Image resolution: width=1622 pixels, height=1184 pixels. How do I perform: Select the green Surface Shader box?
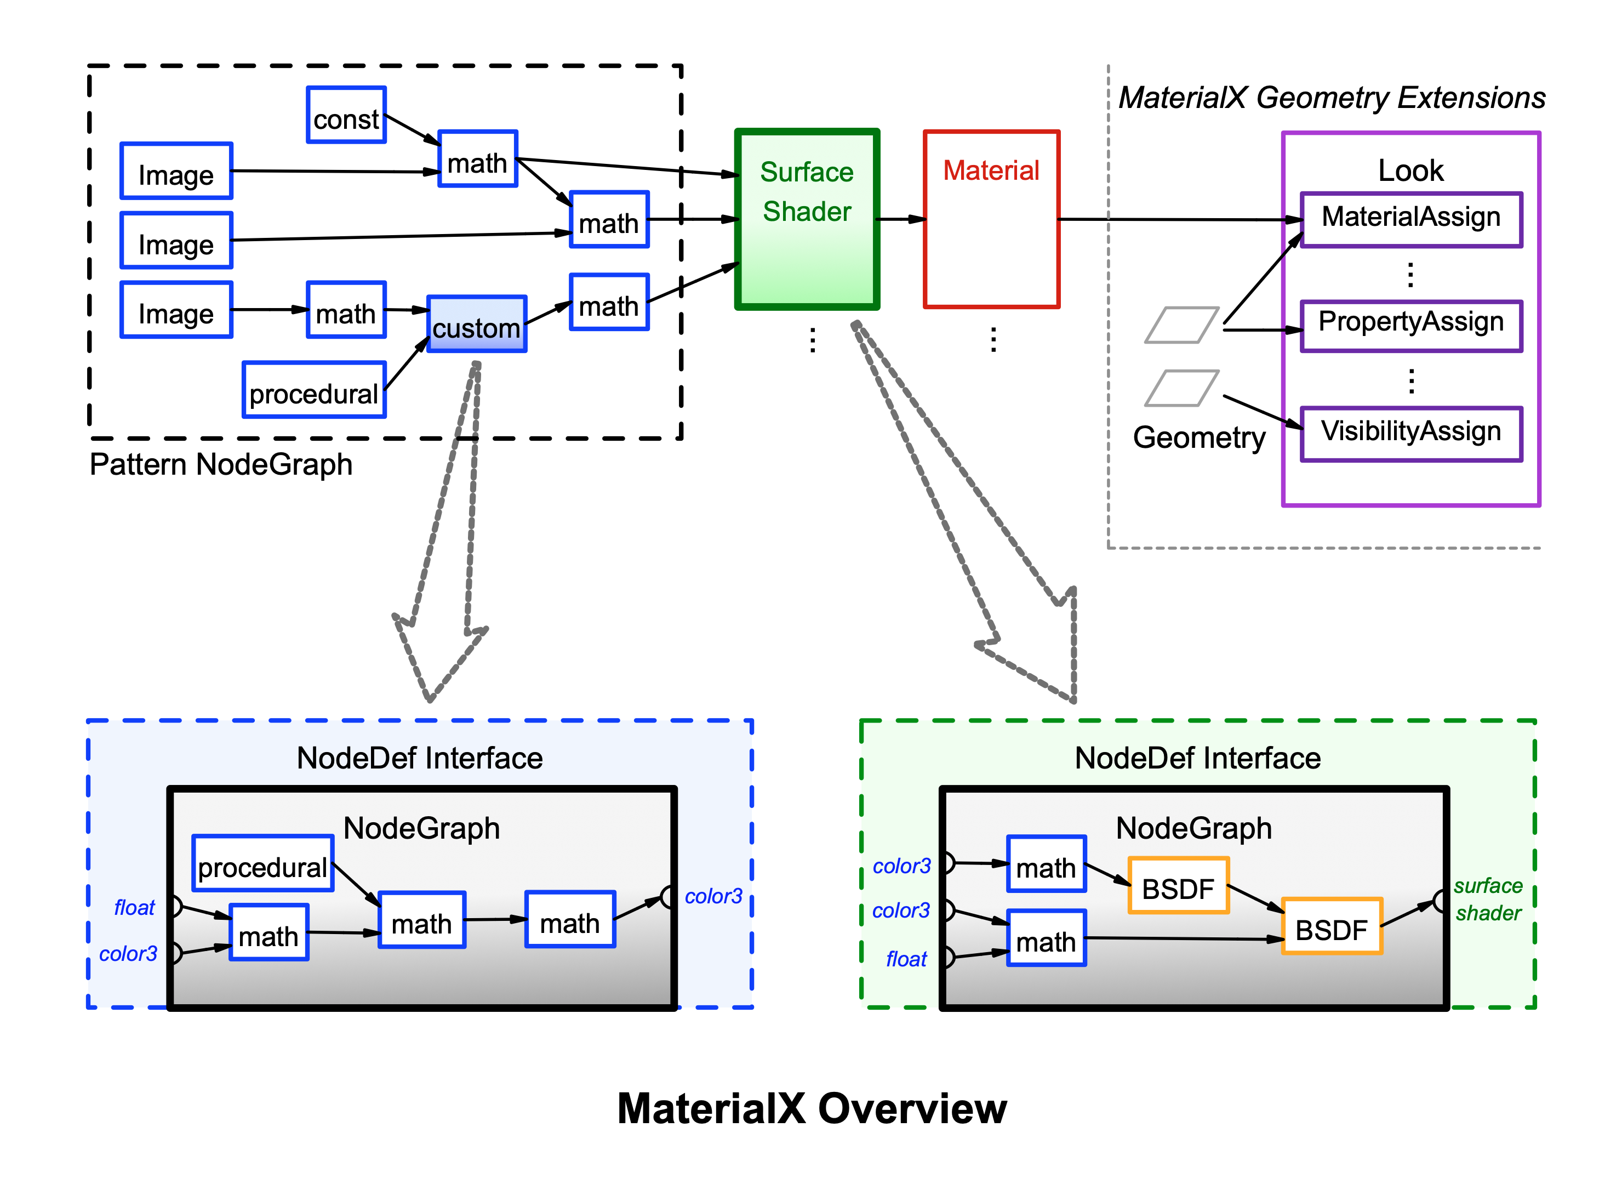807,219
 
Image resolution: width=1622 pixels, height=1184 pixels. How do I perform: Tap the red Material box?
991,219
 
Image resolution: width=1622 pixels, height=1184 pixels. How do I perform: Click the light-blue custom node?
476,324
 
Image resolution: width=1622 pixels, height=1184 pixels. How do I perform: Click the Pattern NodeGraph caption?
221,464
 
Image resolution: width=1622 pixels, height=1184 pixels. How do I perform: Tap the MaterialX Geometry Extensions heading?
1331,98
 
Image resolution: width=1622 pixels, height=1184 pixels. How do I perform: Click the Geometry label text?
1198,437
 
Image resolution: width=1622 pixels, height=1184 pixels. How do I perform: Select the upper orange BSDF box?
1178,886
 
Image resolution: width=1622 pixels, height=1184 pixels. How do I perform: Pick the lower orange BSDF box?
1331,927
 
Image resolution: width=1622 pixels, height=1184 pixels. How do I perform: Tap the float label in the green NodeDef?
906,959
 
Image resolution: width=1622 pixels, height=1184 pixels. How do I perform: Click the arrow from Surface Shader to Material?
901,219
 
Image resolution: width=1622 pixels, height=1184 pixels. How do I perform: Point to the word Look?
1410,170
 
